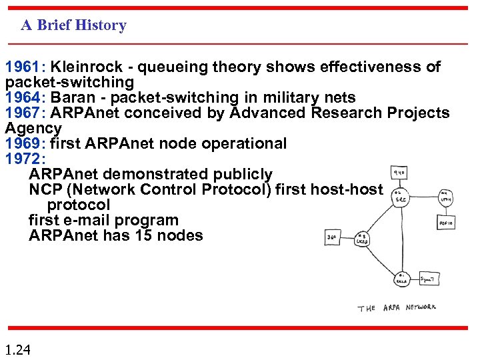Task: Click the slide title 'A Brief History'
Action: click(73, 25)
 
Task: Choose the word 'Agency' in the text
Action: click(33, 128)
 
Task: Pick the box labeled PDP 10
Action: click(445, 222)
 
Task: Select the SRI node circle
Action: click(401, 199)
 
